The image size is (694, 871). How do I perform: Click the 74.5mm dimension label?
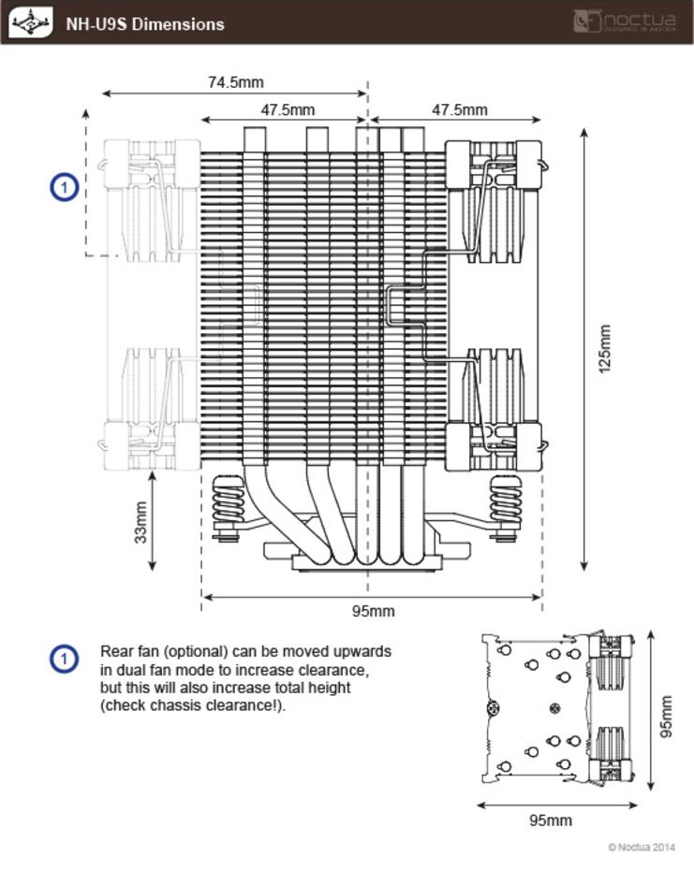236,82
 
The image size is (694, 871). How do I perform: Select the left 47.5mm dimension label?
288,110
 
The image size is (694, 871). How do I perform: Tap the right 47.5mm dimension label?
459,110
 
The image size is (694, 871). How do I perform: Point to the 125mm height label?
605,349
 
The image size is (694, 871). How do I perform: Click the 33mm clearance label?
141,522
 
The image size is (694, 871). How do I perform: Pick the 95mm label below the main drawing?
373,611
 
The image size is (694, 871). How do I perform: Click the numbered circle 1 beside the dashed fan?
65,187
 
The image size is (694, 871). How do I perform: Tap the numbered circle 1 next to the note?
64,660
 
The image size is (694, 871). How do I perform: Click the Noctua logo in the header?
625,22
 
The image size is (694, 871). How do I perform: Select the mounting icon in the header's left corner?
31,22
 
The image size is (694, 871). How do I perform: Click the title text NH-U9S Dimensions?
145,24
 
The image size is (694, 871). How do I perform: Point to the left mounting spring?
228,499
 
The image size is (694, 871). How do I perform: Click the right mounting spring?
505,499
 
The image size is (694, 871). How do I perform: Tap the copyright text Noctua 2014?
642,847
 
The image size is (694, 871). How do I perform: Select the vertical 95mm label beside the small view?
666,717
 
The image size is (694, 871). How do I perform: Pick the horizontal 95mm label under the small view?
551,820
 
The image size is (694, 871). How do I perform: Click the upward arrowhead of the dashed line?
85,113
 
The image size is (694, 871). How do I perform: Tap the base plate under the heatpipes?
367,562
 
